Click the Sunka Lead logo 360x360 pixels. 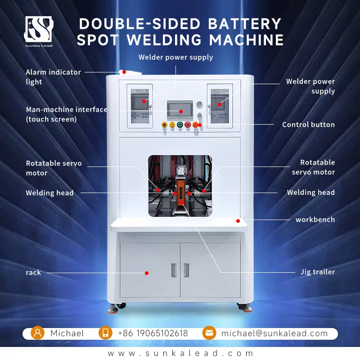click(39, 31)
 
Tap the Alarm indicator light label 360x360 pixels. click(53, 77)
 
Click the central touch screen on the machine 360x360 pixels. click(180, 110)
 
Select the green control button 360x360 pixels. click(180, 125)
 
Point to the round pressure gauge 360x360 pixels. click(199, 105)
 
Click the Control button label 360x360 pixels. click(308, 125)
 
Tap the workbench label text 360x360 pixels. click(315, 220)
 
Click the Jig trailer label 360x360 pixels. click(318, 272)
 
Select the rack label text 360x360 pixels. click(33, 273)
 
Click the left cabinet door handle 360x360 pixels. click(174, 270)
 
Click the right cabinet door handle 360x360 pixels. click(186, 270)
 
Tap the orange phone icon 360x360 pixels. click(105, 333)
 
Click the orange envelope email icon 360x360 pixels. click(209, 333)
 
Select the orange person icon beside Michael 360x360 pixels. click(37, 333)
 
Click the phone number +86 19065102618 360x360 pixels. click(153, 333)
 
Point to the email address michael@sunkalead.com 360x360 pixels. click(274, 333)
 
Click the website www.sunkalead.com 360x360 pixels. click(180, 353)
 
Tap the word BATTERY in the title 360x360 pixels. click(244, 24)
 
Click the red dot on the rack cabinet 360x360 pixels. click(147, 273)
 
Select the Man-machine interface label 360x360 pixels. click(66, 114)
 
